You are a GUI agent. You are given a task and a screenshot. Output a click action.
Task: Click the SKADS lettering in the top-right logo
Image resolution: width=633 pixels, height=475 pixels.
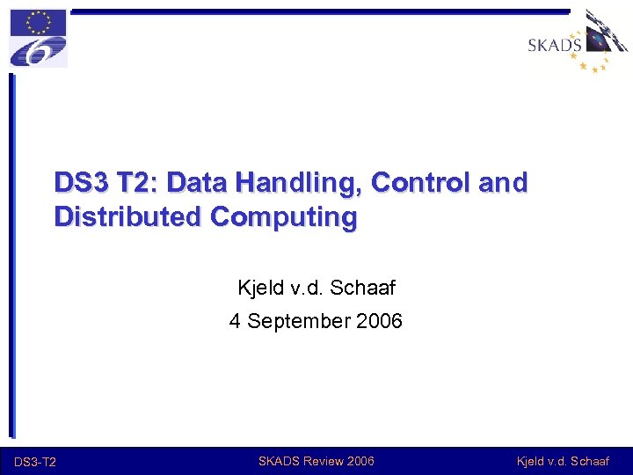tap(555, 45)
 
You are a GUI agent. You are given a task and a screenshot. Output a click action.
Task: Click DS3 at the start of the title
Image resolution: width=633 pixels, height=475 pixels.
tap(77, 183)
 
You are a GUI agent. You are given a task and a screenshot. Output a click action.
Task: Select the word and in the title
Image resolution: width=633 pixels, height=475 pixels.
tap(502, 183)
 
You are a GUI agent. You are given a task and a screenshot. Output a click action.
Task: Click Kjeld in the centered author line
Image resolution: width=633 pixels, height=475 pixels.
tap(258, 288)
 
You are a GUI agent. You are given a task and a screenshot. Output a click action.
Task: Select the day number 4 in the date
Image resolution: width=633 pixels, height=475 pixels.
tap(235, 321)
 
